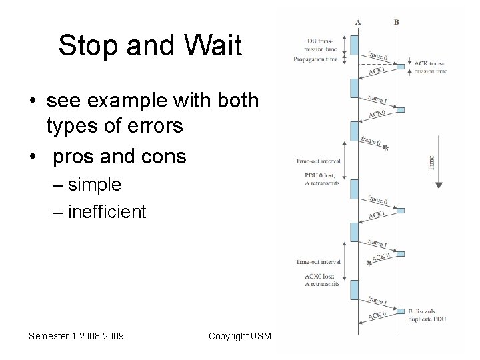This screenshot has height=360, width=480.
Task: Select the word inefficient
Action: tap(106, 211)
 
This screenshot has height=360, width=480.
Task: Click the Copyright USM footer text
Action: tap(239, 335)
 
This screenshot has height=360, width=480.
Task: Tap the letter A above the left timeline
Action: tap(358, 21)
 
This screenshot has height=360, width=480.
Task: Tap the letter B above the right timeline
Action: tap(397, 21)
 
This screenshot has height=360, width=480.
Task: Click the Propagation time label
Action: tap(316, 59)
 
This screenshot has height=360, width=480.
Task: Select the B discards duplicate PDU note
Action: tap(428, 315)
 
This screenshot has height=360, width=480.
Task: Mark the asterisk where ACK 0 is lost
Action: tap(369, 265)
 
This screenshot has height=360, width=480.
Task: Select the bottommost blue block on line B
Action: tap(399, 309)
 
